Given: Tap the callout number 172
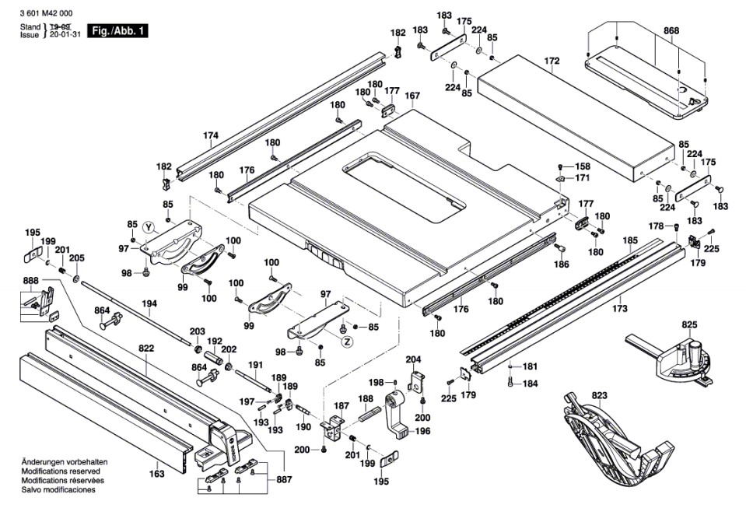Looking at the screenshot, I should (552, 60).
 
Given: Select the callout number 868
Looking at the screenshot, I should (671, 31).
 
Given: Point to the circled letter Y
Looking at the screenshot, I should (149, 227).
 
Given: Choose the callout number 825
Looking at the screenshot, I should (689, 324).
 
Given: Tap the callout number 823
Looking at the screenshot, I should (599, 395).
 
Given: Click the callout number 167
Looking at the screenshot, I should (412, 96).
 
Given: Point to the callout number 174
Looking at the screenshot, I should (211, 135).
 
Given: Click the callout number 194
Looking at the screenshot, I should (149, 303).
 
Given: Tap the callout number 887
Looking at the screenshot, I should (284, 479).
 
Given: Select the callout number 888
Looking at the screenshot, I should (30, 280).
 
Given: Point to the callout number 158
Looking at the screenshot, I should (583, 166).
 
